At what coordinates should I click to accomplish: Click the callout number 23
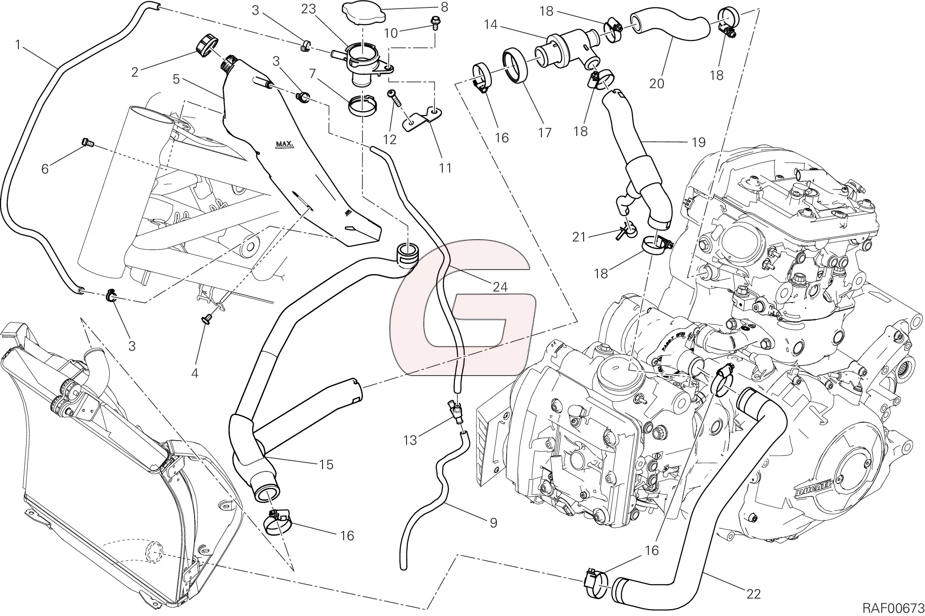(308, 9)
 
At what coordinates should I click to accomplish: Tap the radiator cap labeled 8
(363, 12)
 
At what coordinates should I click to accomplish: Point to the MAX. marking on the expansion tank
(284, 145)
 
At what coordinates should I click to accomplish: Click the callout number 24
(500, 287)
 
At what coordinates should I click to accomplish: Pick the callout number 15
(326, 465)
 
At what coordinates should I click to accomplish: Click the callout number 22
(753, 594)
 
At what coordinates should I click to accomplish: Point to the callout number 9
(493, 523)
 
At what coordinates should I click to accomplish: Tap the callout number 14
(490, 24)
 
